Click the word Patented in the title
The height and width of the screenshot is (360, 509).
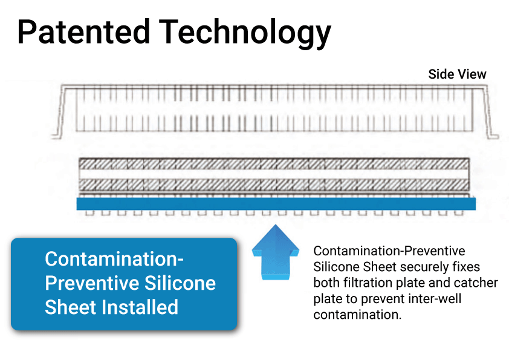(83, 31)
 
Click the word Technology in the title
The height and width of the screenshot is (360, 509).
(245, 34)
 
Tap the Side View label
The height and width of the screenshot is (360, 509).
(457, 74)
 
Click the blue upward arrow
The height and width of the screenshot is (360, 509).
(276, 252)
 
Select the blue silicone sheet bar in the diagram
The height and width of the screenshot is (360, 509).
(276, 204)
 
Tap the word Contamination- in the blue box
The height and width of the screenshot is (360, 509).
(114, 259)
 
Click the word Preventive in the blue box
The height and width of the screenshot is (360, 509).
(92, 283)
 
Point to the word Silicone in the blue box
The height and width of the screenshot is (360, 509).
(180, 283)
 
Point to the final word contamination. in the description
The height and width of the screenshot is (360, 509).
(357, 315)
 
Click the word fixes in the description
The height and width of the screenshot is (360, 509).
(466, 267)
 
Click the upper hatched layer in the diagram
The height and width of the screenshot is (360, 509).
(274, 164)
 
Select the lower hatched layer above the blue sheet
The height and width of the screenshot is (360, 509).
(274, 185)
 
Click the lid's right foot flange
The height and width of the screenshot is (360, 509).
(493, 136)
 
